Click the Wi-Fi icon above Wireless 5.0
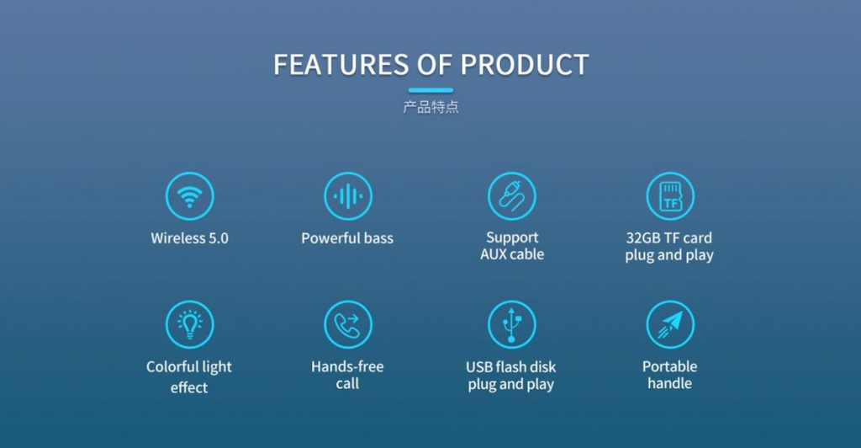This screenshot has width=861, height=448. pos(189,196)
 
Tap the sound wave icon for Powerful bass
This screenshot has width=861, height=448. pos(347,196)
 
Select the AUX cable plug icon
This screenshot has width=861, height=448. pos(512,196)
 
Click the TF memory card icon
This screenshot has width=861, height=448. pos(670,196)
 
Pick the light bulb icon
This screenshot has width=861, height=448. pos(189,324)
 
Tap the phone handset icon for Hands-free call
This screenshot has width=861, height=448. pos(347,324)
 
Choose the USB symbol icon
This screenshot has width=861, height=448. pos(512,324)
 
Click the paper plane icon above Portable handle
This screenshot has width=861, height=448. pos(670,324)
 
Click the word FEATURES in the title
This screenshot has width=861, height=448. pos(341,64)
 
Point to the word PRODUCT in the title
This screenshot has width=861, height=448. pos(525,64)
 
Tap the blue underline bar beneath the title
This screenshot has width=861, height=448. pos(430,90)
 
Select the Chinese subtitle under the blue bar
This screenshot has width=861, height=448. pos(430,107)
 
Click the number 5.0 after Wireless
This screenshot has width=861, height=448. pos(218,238)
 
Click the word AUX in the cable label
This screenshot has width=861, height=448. pos(493,254)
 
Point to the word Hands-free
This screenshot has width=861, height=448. pos(347,366)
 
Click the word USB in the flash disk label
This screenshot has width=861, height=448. pos(478,366)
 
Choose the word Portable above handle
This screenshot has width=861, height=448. pos(670,366)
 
